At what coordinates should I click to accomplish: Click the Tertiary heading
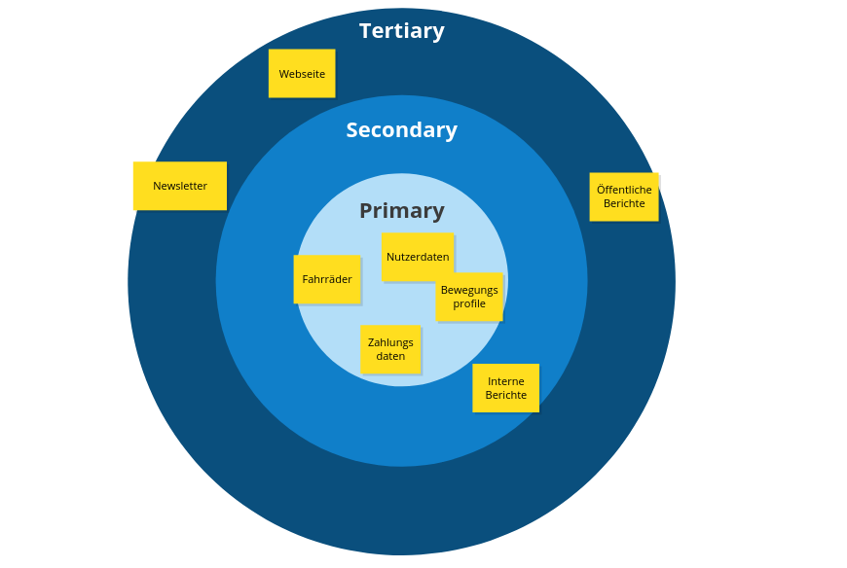(401, 31)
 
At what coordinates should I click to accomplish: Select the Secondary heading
(401, 130)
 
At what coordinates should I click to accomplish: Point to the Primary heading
(401, 211)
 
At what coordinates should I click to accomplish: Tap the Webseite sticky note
(302, 74)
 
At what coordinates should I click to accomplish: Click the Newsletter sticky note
(180, 186)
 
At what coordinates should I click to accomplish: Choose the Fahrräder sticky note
(327, 279)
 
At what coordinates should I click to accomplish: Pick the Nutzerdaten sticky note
(418, 257)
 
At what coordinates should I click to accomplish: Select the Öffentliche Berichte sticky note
(624, 196)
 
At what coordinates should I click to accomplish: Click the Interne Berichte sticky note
(505, 388)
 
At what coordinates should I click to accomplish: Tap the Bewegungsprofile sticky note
(469, 297)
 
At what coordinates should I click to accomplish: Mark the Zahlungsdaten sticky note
(390, 349)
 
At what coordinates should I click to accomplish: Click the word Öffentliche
(624, 190)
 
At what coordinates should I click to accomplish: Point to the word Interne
(506, 381)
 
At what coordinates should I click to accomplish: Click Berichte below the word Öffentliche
(624, 203)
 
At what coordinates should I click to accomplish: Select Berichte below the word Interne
(506, 395)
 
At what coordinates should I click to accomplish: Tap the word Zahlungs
(390, 342)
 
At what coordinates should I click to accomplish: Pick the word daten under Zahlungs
(390, 356)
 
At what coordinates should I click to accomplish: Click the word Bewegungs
(469, 290)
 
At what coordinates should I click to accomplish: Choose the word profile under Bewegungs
(469, 303)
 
